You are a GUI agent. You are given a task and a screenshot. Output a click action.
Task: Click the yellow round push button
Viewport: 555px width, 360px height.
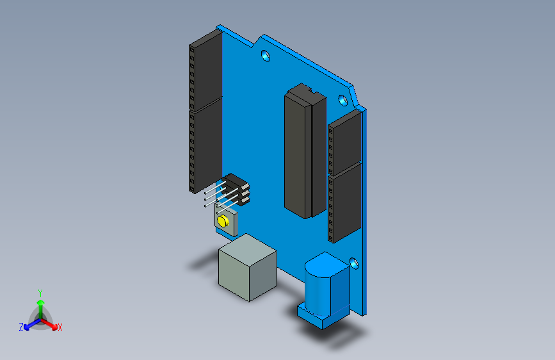pos(223,221)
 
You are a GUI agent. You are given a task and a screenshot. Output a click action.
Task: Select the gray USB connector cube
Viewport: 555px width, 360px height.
pos(247,268)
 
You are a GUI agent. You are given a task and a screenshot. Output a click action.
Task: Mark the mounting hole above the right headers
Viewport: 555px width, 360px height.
pos(342,100)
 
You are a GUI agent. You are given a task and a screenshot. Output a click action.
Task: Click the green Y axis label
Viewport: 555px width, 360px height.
pos(40,291)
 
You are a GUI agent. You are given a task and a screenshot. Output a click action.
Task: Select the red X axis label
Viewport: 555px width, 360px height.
pos(60,327)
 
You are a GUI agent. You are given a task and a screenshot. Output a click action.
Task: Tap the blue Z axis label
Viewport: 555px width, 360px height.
pos(21,327)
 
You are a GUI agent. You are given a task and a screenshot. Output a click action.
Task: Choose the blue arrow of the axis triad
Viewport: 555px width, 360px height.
pos(29,323)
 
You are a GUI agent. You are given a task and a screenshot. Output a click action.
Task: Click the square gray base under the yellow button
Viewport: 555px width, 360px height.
pos(231,225)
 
